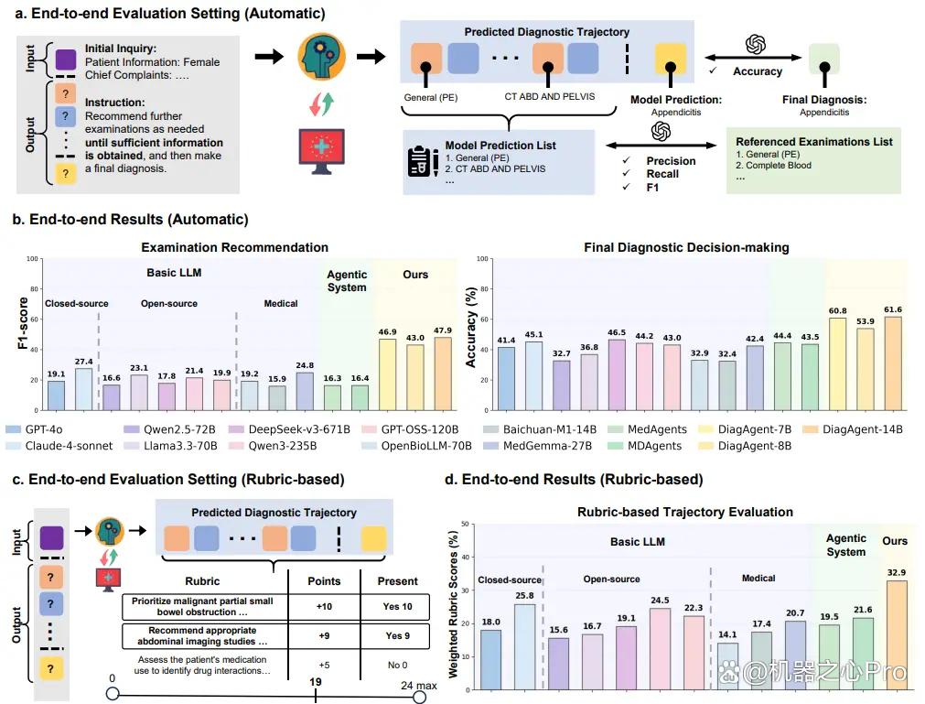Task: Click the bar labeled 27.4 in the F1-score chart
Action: click(84, 389)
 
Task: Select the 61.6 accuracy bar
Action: click(893, 363)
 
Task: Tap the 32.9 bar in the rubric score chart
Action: click(897, 635)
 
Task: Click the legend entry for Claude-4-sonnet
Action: click(59, 446)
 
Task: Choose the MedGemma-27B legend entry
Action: click(537, 446)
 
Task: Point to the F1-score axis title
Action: click(23, 323)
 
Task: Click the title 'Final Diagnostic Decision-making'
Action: click(686, 247)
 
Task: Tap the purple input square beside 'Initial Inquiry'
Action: click(66, 59)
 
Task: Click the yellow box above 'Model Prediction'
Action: click(670, 58)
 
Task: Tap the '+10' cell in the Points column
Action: click(324, 607)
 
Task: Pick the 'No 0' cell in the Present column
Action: click(397, 665)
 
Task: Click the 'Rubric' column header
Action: click(202, 581)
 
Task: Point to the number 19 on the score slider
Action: click(316, 682)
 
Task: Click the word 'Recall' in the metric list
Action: click(662, 174)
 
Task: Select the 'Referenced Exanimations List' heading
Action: click(814, 142)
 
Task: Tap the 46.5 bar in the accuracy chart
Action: click(617, 374)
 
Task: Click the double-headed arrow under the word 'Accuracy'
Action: click(753, 58)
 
